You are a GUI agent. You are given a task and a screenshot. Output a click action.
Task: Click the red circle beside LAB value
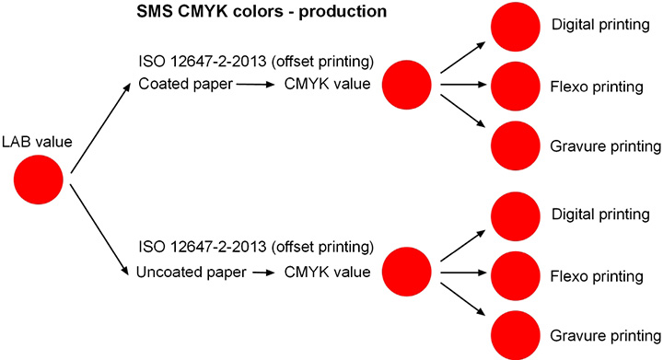[x=40, y=180]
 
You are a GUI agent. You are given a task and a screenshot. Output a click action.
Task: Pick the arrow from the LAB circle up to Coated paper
[x=99, y=125]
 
